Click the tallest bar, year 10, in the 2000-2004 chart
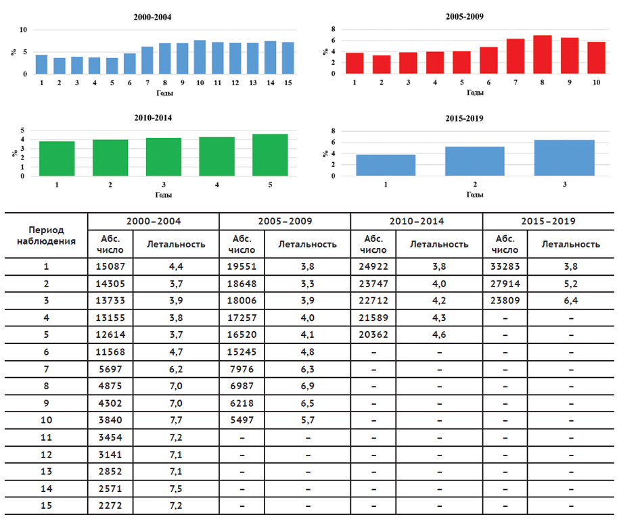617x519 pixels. click(200, 57)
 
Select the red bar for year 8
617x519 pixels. click(543, 54)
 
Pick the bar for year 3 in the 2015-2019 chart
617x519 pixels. click(564, 157)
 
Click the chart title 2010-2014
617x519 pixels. click(154, 117)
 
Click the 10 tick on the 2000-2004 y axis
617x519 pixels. click(24, 30)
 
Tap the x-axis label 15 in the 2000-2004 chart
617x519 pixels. click(288, 82)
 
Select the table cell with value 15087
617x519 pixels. click(109, 266)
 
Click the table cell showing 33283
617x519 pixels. click(505, 266)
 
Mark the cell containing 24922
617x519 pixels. click(373, 266)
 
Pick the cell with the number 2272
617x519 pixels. click(109, 505)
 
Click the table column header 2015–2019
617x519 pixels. click(549, 222)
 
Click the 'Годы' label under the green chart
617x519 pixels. click(163, 195)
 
